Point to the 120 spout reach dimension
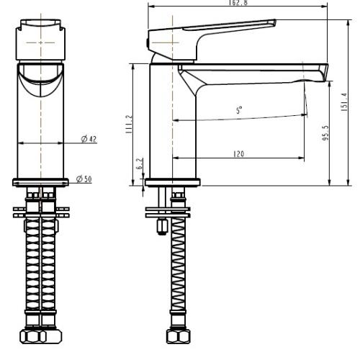(238, 153)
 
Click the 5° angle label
(239, 110)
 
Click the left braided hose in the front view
(33, 274)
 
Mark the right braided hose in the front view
(49, 274)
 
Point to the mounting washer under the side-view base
(171, 212)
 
